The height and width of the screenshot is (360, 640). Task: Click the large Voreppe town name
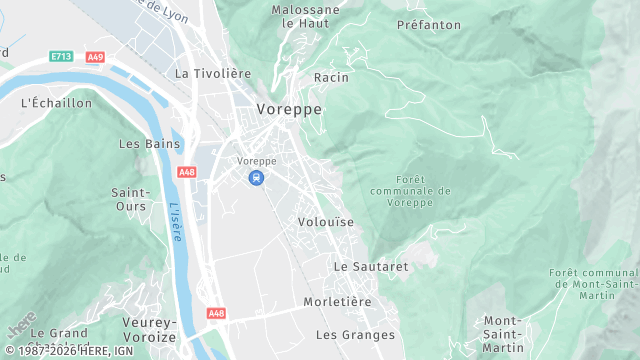(x=288, y=110)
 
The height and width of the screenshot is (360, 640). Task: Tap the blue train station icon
(x=257, y=178)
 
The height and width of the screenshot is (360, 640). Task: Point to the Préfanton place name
(x=429, y=23)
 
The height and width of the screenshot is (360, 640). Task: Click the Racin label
(x=331, y=77)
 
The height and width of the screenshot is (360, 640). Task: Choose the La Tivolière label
(x=211, y=73)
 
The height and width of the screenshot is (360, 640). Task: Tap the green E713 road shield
(x=62, y=58)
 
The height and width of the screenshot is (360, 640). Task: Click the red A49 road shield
(x=95, y=58)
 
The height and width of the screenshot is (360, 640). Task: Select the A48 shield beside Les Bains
(x=186, y=172)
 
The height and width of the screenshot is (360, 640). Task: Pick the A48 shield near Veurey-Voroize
(x=216, y=313)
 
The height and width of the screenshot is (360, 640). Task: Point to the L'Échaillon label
(x=56, y=102)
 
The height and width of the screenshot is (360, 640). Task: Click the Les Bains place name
(x=149, y=143)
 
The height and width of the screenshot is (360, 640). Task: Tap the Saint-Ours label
(x=130, y=199)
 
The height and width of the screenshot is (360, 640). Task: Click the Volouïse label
(x=326, y=222)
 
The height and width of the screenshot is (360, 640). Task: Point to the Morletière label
(x=337, y=301)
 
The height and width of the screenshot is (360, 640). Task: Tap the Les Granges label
(x=349, y=334)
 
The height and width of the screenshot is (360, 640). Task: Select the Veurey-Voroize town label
(x=150, y=329)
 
